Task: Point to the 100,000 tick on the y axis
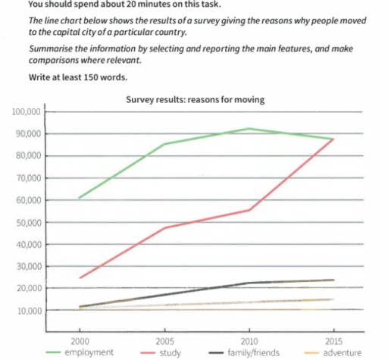tap(27, 112)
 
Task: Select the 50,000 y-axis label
tap(28, 223)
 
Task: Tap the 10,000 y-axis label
tap(28, 311)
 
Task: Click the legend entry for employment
tap(86, 352)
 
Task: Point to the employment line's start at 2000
tap(79, 198)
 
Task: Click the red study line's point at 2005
tap(164, 228)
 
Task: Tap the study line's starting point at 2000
tap(79, 277)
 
